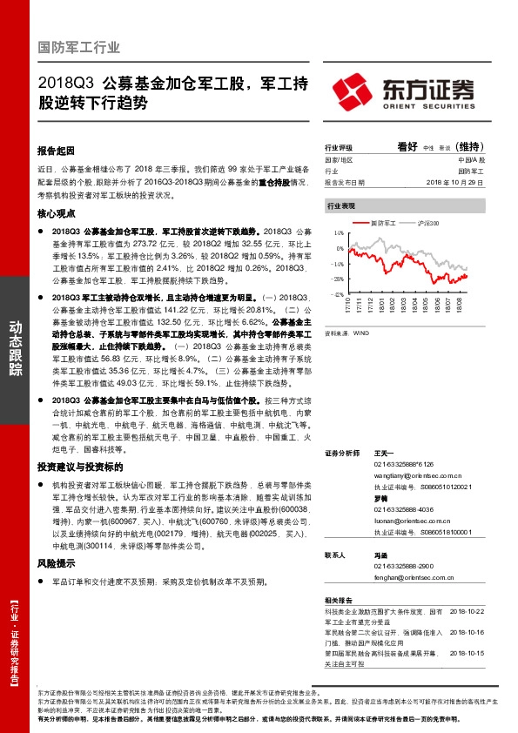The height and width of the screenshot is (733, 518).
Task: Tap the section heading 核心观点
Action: click(x=57, y=213)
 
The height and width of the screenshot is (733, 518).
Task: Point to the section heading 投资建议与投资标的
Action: click(x=75, y=467)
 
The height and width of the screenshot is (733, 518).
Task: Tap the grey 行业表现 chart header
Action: click(x=341, y=207)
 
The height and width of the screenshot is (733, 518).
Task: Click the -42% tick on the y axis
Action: click(x=337, y=294)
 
